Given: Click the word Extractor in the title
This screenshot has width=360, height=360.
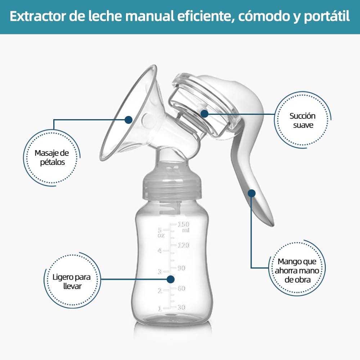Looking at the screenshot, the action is pyautogui.click(x=38, y=16).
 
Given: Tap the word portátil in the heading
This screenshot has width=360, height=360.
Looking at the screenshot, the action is pyautogui.click(x=327, y=17).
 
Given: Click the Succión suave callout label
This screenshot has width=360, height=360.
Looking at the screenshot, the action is pyautogui.click(x=303, y=120).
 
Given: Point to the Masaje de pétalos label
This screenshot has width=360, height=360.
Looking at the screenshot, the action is pyautogui.click(x=52, y=158).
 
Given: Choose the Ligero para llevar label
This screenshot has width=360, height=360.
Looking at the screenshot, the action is pyautogui.click(x=72, y=282).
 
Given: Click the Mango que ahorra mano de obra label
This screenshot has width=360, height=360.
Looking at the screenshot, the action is pyautogui.click(x=297, y=270).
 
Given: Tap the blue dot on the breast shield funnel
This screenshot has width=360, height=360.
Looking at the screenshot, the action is pyautogui.click(x=129, y=120).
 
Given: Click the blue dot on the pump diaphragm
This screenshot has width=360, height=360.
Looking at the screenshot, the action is pyautogui.click(x=204, y=113).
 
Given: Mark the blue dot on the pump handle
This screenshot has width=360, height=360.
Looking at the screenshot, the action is pyautogui.click(x=252, y=193).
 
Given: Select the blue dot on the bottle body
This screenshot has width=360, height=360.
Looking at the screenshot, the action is pyautogui.click(x=170, y=279).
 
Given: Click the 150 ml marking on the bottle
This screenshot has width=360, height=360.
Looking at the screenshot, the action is pyautogui.click(x=184, y=226).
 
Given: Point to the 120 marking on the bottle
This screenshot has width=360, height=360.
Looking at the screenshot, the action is pyautogui.click(x=184, y=245).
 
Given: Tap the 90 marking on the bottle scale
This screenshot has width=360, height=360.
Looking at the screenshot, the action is pyautogui.click(x=181, y=268).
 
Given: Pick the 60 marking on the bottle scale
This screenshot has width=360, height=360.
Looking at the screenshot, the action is pyautogui.click(x=181, y=288).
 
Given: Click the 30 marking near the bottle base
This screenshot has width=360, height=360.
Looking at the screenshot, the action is pyautogui.click(x=181, y=307).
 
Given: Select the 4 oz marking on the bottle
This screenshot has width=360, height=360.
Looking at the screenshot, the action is pyautogui.click(x=160, y=251).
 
